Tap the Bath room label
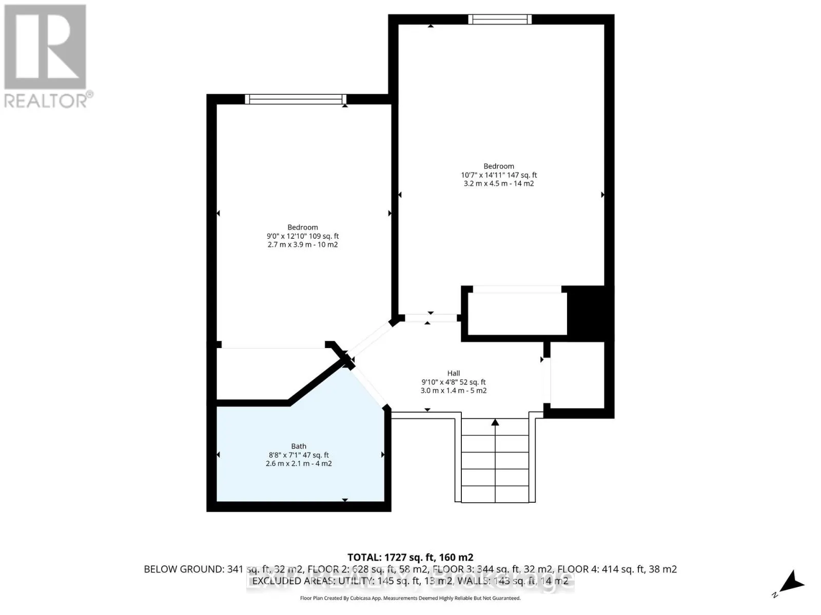(x=299, y=446)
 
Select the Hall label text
(x=453, y=373)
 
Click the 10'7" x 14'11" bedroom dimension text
(x=499, y=175)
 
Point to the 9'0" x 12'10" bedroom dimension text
(x=302, y=236)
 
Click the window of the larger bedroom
(x=499, y=19)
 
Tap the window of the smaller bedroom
(x=295, y=99)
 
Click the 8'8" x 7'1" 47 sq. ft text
(x=299, y=455)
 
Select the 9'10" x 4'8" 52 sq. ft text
(x=453, y=382)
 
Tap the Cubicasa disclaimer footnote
(x=410, y=598)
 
